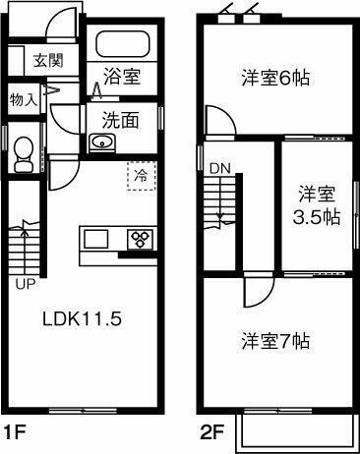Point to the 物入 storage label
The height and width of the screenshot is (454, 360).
24,98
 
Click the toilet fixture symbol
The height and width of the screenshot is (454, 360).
25,153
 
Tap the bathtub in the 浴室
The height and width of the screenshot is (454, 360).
122,44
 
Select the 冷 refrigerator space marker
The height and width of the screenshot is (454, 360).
141,177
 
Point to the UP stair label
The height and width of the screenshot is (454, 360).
25,286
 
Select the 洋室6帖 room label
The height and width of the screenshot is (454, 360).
275,77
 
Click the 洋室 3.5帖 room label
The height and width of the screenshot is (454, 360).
317,204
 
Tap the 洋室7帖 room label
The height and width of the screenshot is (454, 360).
276,342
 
